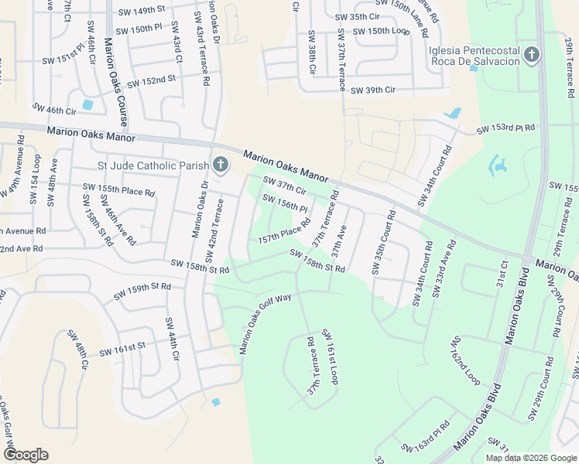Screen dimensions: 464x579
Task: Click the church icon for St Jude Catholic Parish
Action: coord(221,165)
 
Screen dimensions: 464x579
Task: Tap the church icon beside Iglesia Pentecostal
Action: coord(531,55)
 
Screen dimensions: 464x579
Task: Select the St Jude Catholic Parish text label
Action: coord(152,165)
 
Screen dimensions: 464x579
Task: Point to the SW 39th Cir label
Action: coord(372,90)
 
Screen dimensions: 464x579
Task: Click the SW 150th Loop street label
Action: coord(380,31)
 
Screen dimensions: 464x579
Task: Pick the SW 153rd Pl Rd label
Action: coord(505,128)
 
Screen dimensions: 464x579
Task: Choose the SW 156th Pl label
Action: coord(285,204)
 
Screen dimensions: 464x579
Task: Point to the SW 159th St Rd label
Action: coord(142,292)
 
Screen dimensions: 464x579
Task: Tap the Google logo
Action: coord(26,455)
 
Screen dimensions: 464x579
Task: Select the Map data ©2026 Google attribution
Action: coord(530,458)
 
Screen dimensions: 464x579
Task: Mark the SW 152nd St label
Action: coord(152,80)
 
